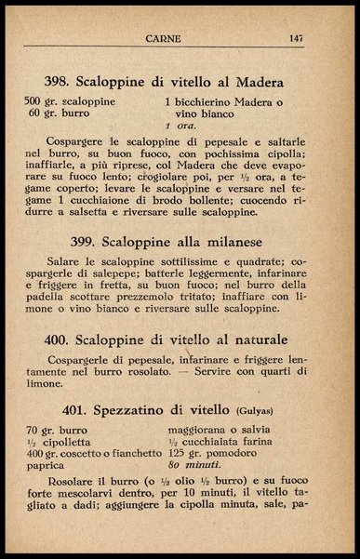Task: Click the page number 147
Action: (x=296, y=38)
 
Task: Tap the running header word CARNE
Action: (x=163, y=38)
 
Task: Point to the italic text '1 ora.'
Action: (x=180, y=125)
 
